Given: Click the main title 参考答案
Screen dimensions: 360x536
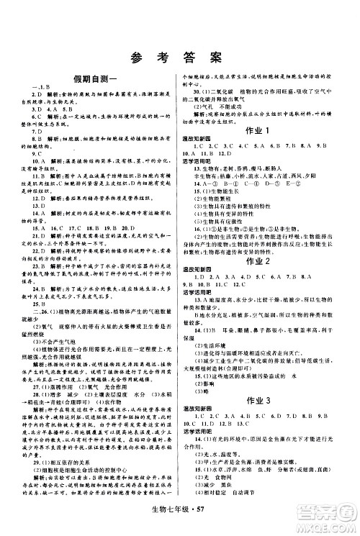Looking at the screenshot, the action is tap(179, 59).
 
